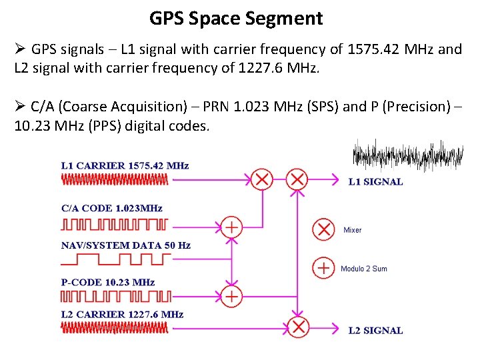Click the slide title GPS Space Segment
pos(236,18)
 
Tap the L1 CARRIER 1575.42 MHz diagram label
pos(125,165)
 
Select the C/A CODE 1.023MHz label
pos(111,208)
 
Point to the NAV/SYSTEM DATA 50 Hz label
pos(125,245)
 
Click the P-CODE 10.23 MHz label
pos(108,283)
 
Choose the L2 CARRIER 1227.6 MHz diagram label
pos(122,314)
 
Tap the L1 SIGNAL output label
pos(376,181)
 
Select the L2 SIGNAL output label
pos(376,330)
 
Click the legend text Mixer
pos(352,230)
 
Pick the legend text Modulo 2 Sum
pos(364,269)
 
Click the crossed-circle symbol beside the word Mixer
pos(323,229)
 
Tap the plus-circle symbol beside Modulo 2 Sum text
pos(323,268)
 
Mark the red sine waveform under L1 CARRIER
pos(115,179)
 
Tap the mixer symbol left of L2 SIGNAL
pos(299,327)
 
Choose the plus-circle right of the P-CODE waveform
pos(231,295)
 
